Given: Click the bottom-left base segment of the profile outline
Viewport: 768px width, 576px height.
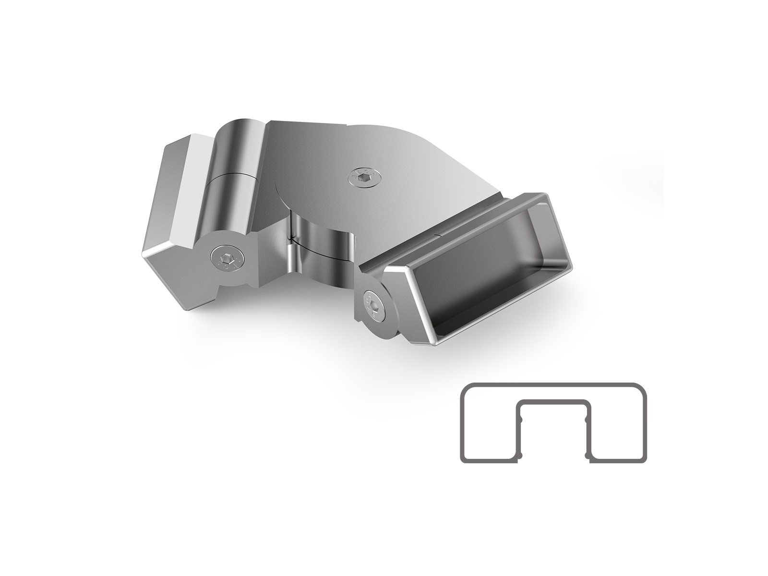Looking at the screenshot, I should tap(490, 462).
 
